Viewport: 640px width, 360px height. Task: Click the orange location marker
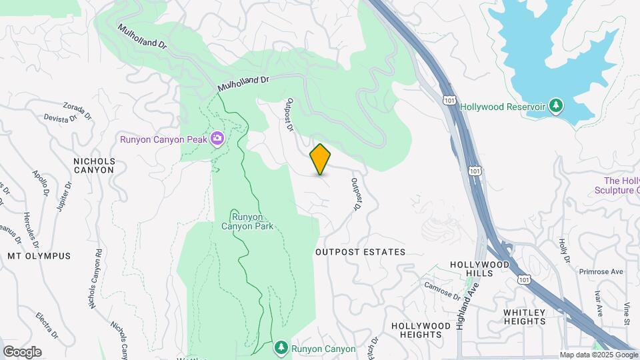coord(320,159)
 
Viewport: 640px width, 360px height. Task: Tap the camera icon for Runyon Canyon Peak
coord(217,139)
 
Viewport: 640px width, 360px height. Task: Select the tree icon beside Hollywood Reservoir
coord(556,106)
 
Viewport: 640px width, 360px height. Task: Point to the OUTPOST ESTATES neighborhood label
coord(360,252)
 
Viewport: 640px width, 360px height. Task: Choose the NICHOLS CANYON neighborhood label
coord(93,165)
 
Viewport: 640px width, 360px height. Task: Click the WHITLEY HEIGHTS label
coord(525,317)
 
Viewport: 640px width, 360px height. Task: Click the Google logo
coord(22,352)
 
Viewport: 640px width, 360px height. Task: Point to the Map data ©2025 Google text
coord(599,355)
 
